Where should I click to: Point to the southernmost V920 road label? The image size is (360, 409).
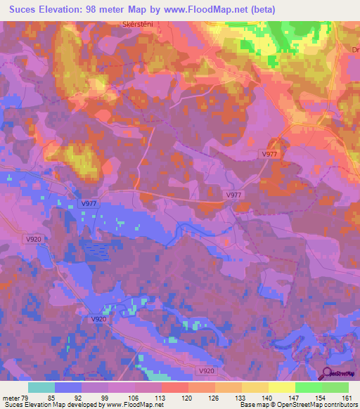[206, 370]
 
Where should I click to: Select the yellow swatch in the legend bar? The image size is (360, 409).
[281, 387]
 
